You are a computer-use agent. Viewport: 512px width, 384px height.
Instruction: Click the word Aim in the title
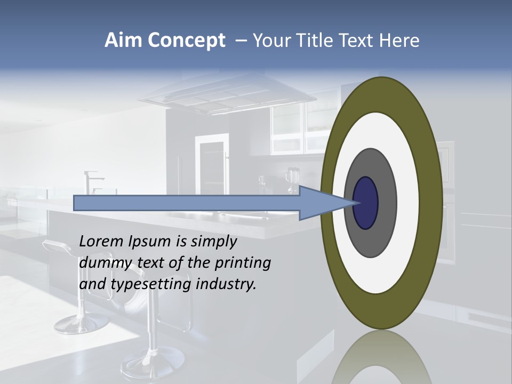pos(124,41)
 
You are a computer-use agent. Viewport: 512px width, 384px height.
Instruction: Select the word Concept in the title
pos(186,41)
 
